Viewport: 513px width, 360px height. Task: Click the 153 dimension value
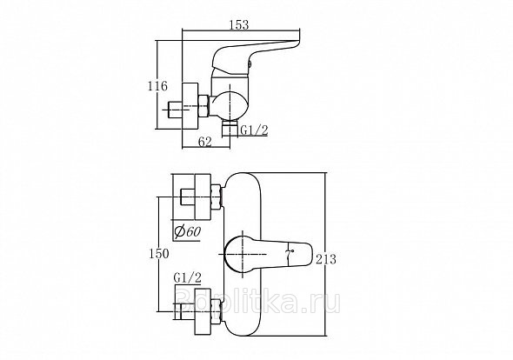tap(239, 25)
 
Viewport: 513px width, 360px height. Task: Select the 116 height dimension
tap(157, 86)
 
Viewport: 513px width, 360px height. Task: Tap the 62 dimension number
tap(205, 142)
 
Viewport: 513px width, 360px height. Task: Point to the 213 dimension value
tap(326, 259)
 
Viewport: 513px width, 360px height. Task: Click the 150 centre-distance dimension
tap(159, 253)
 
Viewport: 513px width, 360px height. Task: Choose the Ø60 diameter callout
tap(187, 231)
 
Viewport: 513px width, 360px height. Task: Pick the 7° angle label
tap(290, 254)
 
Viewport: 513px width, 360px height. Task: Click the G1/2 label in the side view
tap(254, 130)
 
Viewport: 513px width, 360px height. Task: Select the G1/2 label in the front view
tap(188, 278)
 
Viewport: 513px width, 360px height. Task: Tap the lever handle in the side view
tap(255, 56)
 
